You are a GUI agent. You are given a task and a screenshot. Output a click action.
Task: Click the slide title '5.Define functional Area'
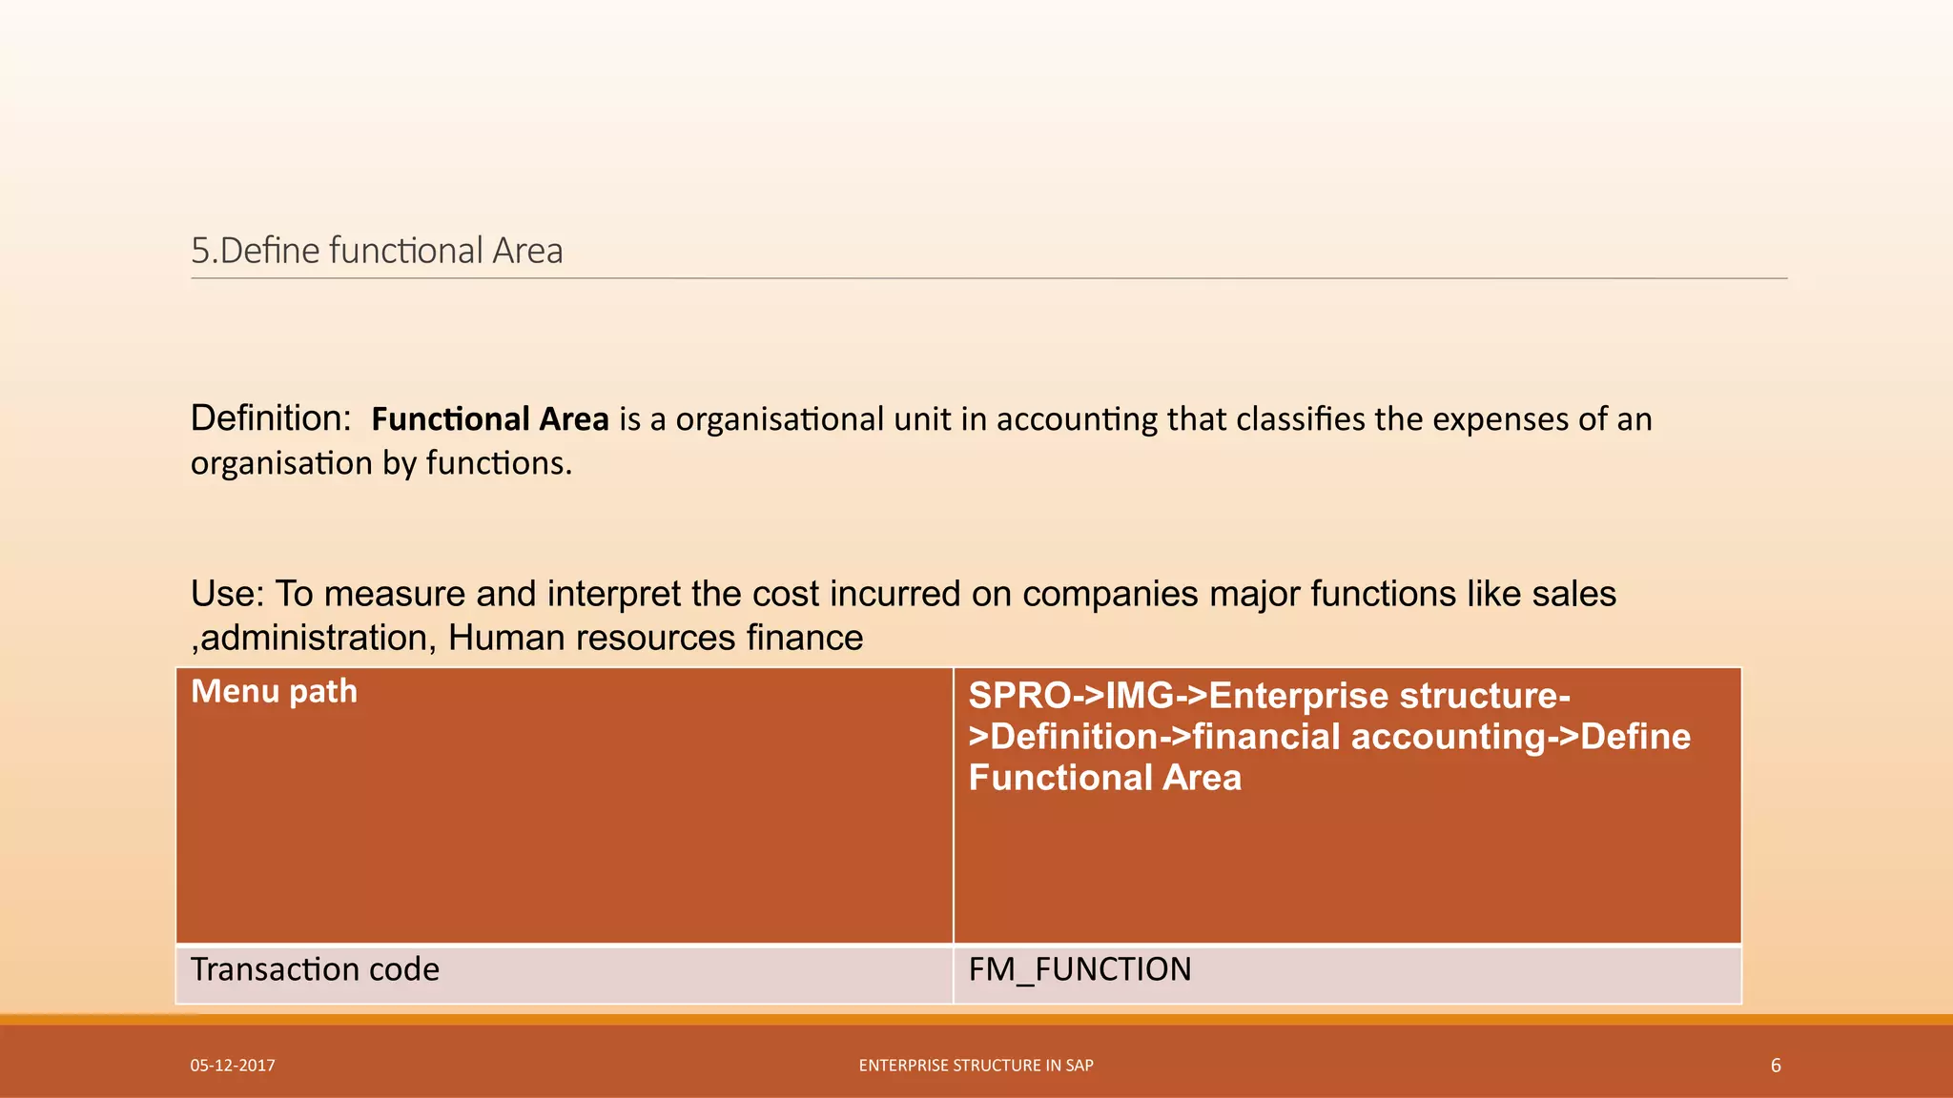click(377, 251)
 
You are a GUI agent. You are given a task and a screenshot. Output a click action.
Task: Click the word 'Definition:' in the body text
click(271, 418)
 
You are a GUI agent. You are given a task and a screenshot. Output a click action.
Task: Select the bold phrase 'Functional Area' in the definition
click(490, 419)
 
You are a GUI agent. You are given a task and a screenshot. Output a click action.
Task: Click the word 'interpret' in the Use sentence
click(616, 594)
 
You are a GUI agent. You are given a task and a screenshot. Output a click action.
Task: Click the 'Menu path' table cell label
click(275, 691)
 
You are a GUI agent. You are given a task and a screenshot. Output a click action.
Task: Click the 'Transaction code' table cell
click(315, 969)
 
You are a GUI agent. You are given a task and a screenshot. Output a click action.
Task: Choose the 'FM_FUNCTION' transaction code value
click(1079, 969)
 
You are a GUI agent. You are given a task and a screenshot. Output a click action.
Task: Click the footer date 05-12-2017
click(233, 1066)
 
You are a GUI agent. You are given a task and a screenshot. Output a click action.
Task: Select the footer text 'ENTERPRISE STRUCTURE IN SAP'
click(976, 1066)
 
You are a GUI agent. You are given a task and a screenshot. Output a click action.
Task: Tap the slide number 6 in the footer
click(1776, 1066)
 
